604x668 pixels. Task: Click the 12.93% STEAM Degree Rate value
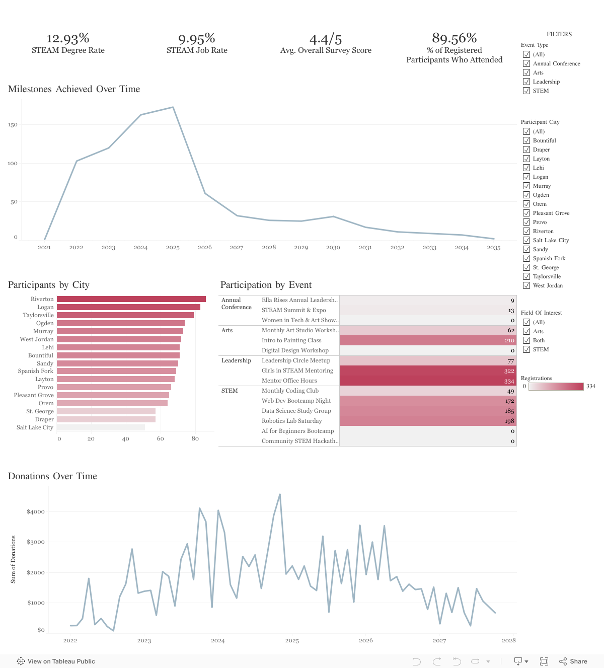[68, 39]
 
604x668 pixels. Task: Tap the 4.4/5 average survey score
[326, 39]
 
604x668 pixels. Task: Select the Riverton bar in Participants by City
[131, 299]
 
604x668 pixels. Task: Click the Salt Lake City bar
[101, 427]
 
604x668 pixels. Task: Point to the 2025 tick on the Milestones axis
[173, 248]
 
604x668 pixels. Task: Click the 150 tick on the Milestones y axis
[13, 125]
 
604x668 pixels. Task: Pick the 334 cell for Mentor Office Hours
[428, 381]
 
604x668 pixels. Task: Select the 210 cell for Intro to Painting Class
[428, 341]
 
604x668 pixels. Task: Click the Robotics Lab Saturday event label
[291, 421]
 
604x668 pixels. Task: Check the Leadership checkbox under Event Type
[526, 82]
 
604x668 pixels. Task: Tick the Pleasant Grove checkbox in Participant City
[526, 213]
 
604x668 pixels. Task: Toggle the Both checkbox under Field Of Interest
[526, 340]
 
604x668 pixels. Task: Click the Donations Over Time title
[52, 476]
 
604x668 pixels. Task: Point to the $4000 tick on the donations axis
[36, 512]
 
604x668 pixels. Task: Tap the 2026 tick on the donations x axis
[365, 641]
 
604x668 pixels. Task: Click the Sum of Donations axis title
[13, 559]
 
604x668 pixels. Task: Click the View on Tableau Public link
[56, 661]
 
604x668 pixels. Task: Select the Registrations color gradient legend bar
[556, 387]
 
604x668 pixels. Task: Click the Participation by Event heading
[266, 285]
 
